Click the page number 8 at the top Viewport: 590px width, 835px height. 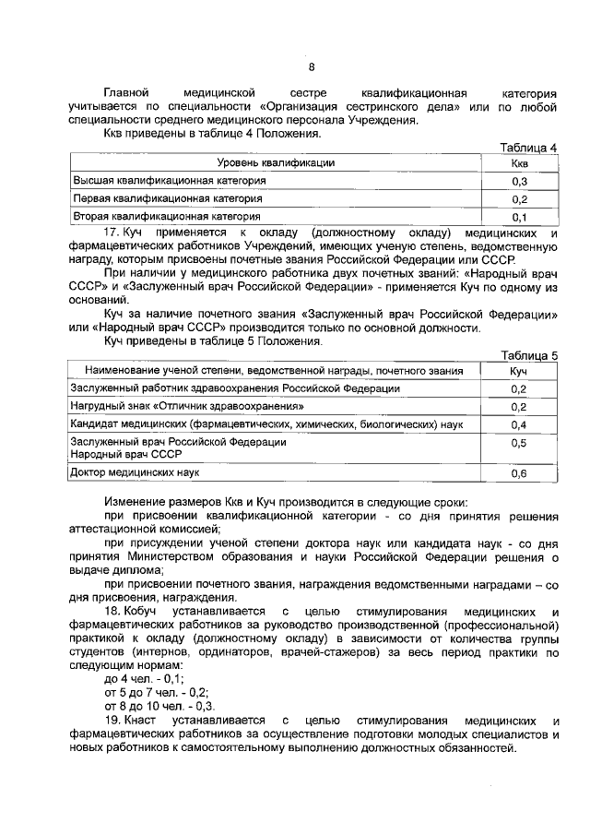pyautogui.click(x=311, y=66)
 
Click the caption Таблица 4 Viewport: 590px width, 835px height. pyautogui.click(x=528, y=148)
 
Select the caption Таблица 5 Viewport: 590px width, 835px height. pyautogui.click(x=528, y=355)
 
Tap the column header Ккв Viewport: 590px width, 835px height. pyautogui.click(x=519, y=163)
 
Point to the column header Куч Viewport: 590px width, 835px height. pyautogui.click(x=519, y=371)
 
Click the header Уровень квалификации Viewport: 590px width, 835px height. pyautogui.click(x=276, y=163)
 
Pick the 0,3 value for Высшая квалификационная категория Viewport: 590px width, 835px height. pyautogui.click(x=519, y=182)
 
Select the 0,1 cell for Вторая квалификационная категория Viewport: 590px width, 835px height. pyautogui.click(x=519, y=218)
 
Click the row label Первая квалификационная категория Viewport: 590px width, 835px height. pyautogui.click(x=168, y=199)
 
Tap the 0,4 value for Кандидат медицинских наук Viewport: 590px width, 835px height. pyautogui.click(x=519, y=425)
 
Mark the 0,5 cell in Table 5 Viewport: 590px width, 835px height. pyautogui.click(x=519, y=444)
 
